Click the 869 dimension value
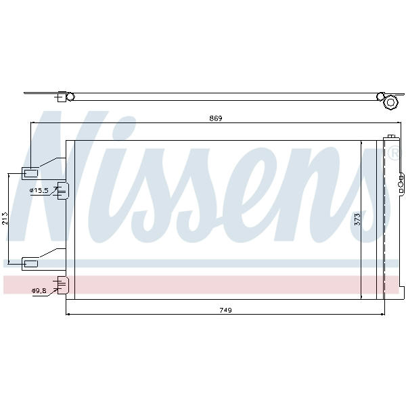[216, 118]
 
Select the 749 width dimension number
[225, 310]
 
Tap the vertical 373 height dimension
[357, 219]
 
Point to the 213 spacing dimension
[5, 219]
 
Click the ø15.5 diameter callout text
[39, 191]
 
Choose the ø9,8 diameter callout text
[39, 291]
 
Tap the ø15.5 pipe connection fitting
[63, 191]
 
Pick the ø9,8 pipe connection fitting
[63, 285]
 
